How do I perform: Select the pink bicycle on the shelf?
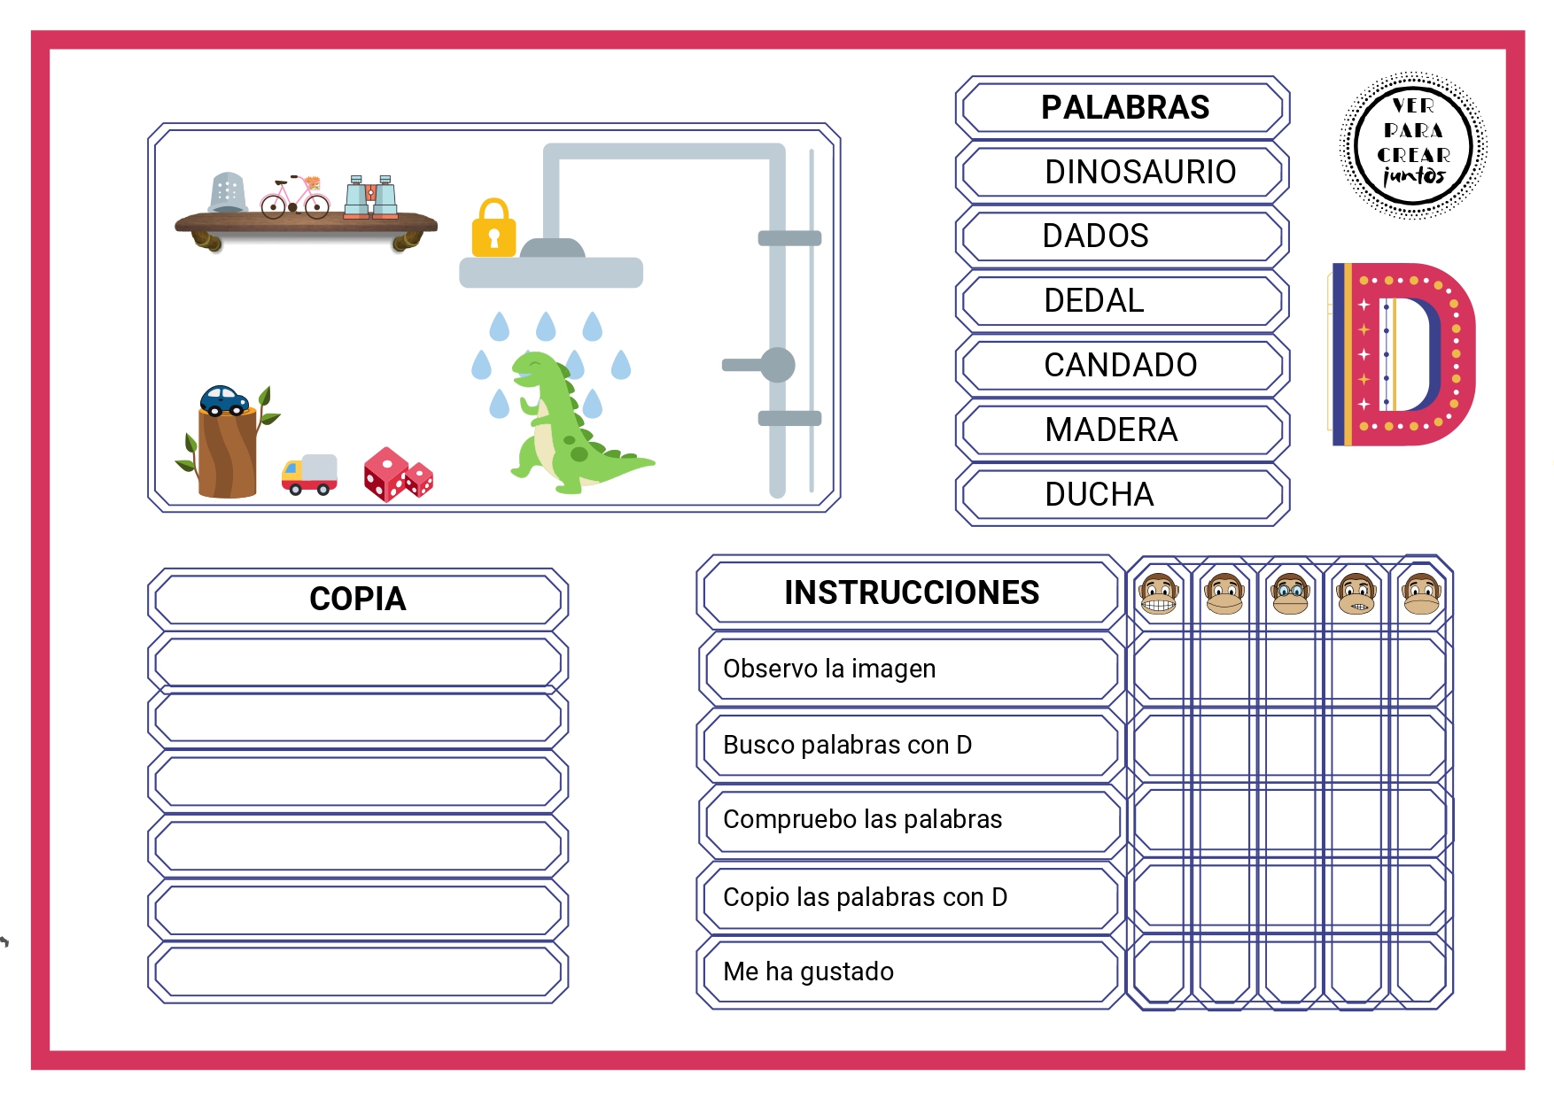(x=295, y=197)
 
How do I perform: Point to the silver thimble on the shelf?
(x=227, y=192)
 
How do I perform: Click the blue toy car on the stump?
(x=224, y=400)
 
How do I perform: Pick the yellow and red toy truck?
(x=309, y=475)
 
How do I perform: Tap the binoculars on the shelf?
(x=370, y=197)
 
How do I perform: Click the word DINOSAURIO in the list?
(x=1139, y=172)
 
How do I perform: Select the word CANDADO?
(x=1120, y=365)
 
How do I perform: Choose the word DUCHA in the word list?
(x=1099, y=494)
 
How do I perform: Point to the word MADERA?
(x=1111, y=430)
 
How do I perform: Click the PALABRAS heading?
(x=1125, y=107)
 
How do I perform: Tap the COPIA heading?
(x=358, y=599)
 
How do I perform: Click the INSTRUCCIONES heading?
(x=912, y=592)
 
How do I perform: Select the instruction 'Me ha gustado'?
(x=808, y=971)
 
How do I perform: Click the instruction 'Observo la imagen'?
(x=829, y=669)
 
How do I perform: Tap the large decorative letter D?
(x=1403, y=353)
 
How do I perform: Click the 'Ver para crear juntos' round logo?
(x=1413, y=145)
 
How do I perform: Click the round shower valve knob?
(x=777, y=365)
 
